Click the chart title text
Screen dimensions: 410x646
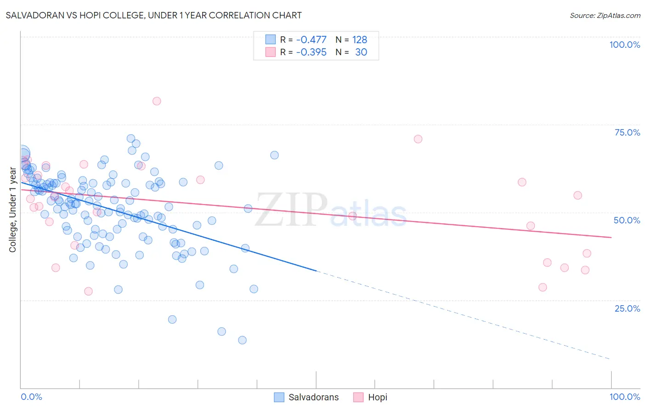click(x=153, y=15)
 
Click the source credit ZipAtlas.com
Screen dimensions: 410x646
click(x=605, y=16)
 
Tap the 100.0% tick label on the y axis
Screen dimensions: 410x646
click(x=624, y=45)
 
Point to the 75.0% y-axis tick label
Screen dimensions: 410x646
click(x=627, y=132)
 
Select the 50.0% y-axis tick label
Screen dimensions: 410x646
click(x=627, y=220)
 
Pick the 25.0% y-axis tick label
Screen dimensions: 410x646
click(x=627, y=308)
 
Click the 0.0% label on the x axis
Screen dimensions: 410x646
click(x=31, y=397)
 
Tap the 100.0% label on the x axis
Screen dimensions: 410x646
click(x=624, y=397)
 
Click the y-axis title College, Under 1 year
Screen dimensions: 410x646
click(x=13, y=210)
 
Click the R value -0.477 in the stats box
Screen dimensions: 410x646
click(x=311, y=40)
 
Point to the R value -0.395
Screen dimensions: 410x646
click(x=311, y=52)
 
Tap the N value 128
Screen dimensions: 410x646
click(x=360, y=40)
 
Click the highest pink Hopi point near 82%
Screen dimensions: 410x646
click(x=157, y=101)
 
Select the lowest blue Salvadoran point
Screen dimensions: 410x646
click(x=242, y=340)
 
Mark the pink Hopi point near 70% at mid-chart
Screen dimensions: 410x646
click(x=418, y=139)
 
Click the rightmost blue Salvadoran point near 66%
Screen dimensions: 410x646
click(x=274, y=155)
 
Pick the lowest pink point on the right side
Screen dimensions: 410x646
click(x=543, y=287)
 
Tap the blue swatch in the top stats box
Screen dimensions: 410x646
click(x=270, y=40)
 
